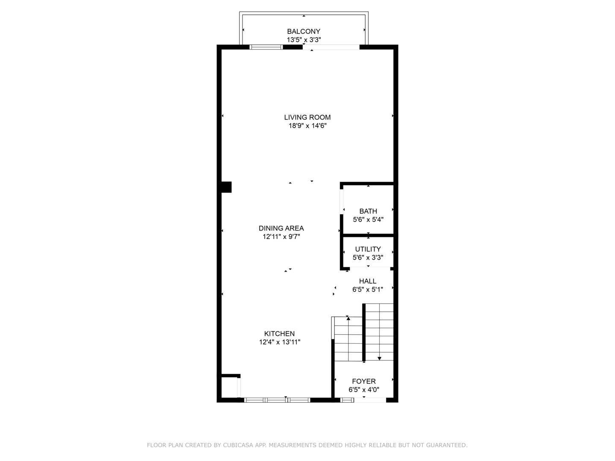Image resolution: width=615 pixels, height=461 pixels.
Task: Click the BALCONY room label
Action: [303, 31]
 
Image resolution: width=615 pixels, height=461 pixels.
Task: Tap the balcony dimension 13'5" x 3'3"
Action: [303, 40]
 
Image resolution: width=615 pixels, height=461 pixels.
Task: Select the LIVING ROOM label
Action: [307, 117]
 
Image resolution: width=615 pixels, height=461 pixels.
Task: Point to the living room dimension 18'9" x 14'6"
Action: [307, 126]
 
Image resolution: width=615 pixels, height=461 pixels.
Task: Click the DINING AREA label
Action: [281, 228]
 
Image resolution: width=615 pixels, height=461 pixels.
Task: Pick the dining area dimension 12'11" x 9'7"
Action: [281, 237]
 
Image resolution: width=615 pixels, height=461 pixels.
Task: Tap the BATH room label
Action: [368, 211]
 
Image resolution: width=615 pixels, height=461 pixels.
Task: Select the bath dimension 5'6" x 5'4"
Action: [368, 220]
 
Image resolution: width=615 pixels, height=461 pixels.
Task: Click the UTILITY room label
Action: [368, 249]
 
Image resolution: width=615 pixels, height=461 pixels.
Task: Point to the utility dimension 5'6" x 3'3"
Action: [368, 258]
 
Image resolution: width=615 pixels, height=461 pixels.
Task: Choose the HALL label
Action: [367, 281]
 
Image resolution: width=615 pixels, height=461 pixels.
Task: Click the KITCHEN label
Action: [279, 334]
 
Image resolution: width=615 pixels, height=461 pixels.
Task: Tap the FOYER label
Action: [363, 381]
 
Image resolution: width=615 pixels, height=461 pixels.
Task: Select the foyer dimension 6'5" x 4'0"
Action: [363, 390]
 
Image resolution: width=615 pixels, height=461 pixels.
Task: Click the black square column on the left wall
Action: [226, 187]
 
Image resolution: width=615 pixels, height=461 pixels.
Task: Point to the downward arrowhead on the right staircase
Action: [379, 359]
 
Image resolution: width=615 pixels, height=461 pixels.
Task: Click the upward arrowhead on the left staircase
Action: [348, 318]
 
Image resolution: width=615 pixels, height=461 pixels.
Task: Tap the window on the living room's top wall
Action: [266, 47]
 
